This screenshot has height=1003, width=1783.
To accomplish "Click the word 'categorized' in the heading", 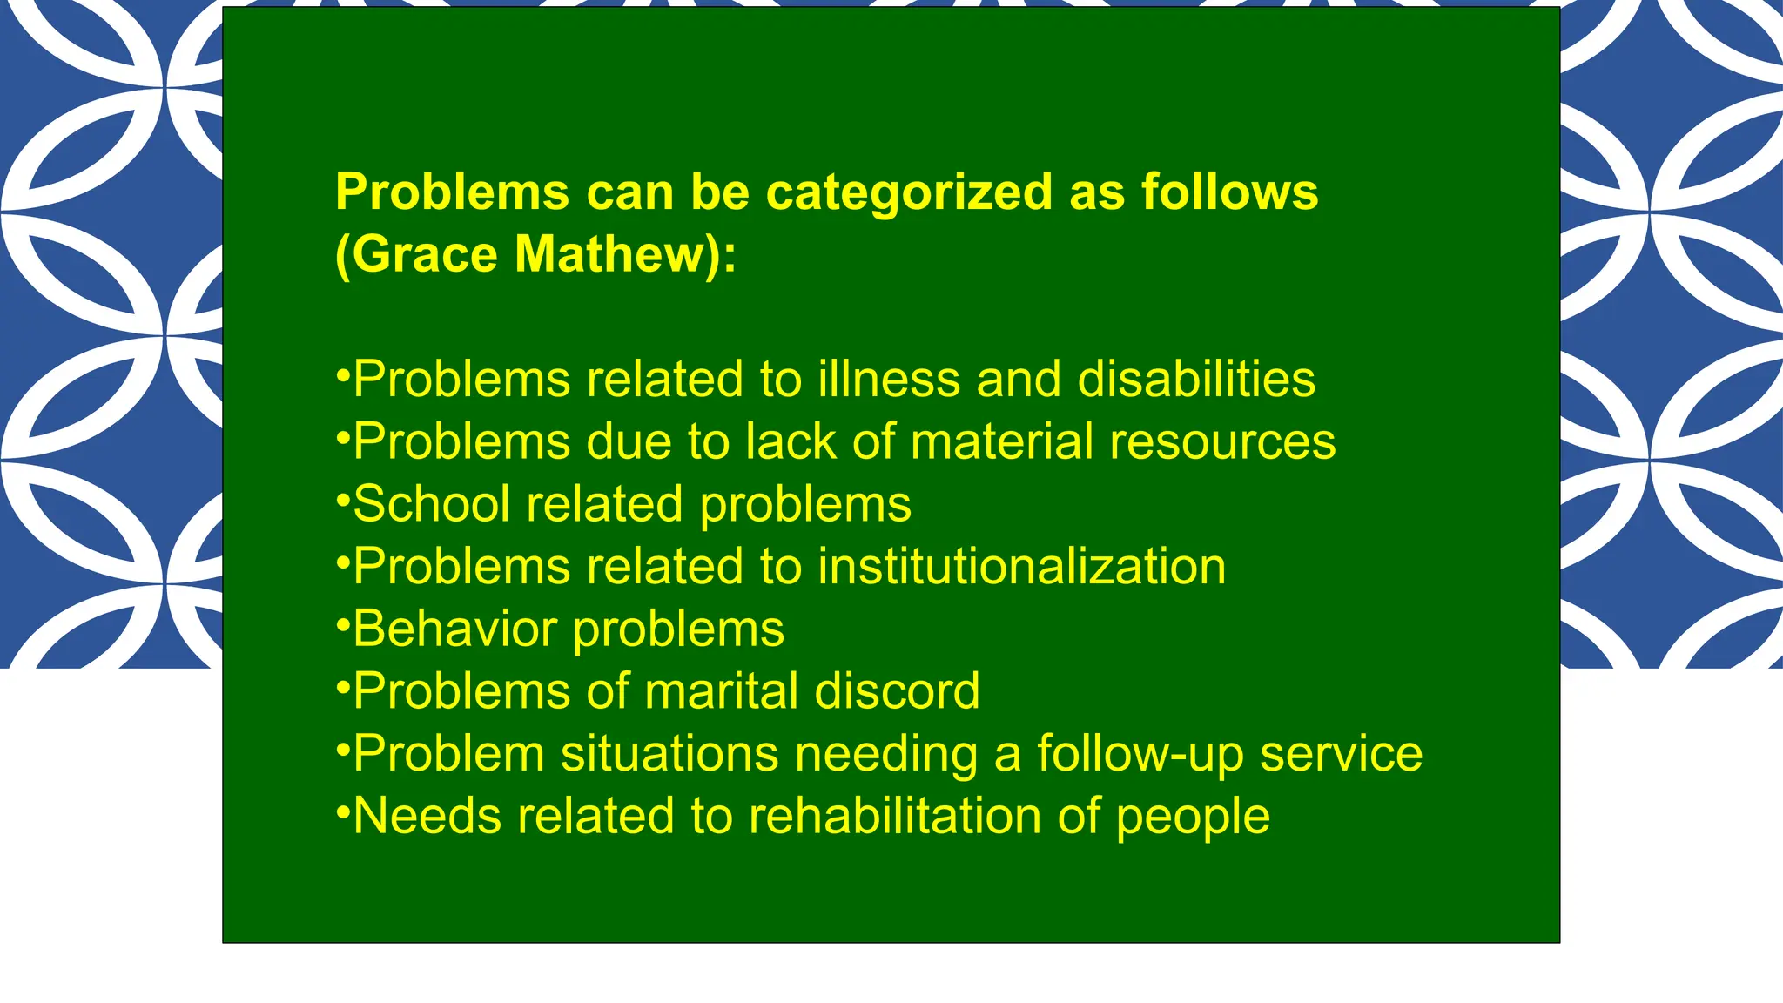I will (909, 192).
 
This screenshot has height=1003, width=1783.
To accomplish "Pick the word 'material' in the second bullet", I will (1001, 441).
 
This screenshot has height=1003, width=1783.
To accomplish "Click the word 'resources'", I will (1222, 441).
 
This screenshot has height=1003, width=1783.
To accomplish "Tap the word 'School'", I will (432, 504).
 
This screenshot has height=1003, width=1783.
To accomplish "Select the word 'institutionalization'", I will (1021, 567).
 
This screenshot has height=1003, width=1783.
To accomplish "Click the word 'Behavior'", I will (455, 629).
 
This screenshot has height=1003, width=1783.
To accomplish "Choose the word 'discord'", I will (897, 691).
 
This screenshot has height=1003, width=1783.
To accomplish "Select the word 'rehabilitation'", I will (894, 817).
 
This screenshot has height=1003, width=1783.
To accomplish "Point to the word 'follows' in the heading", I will (1229, 192).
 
